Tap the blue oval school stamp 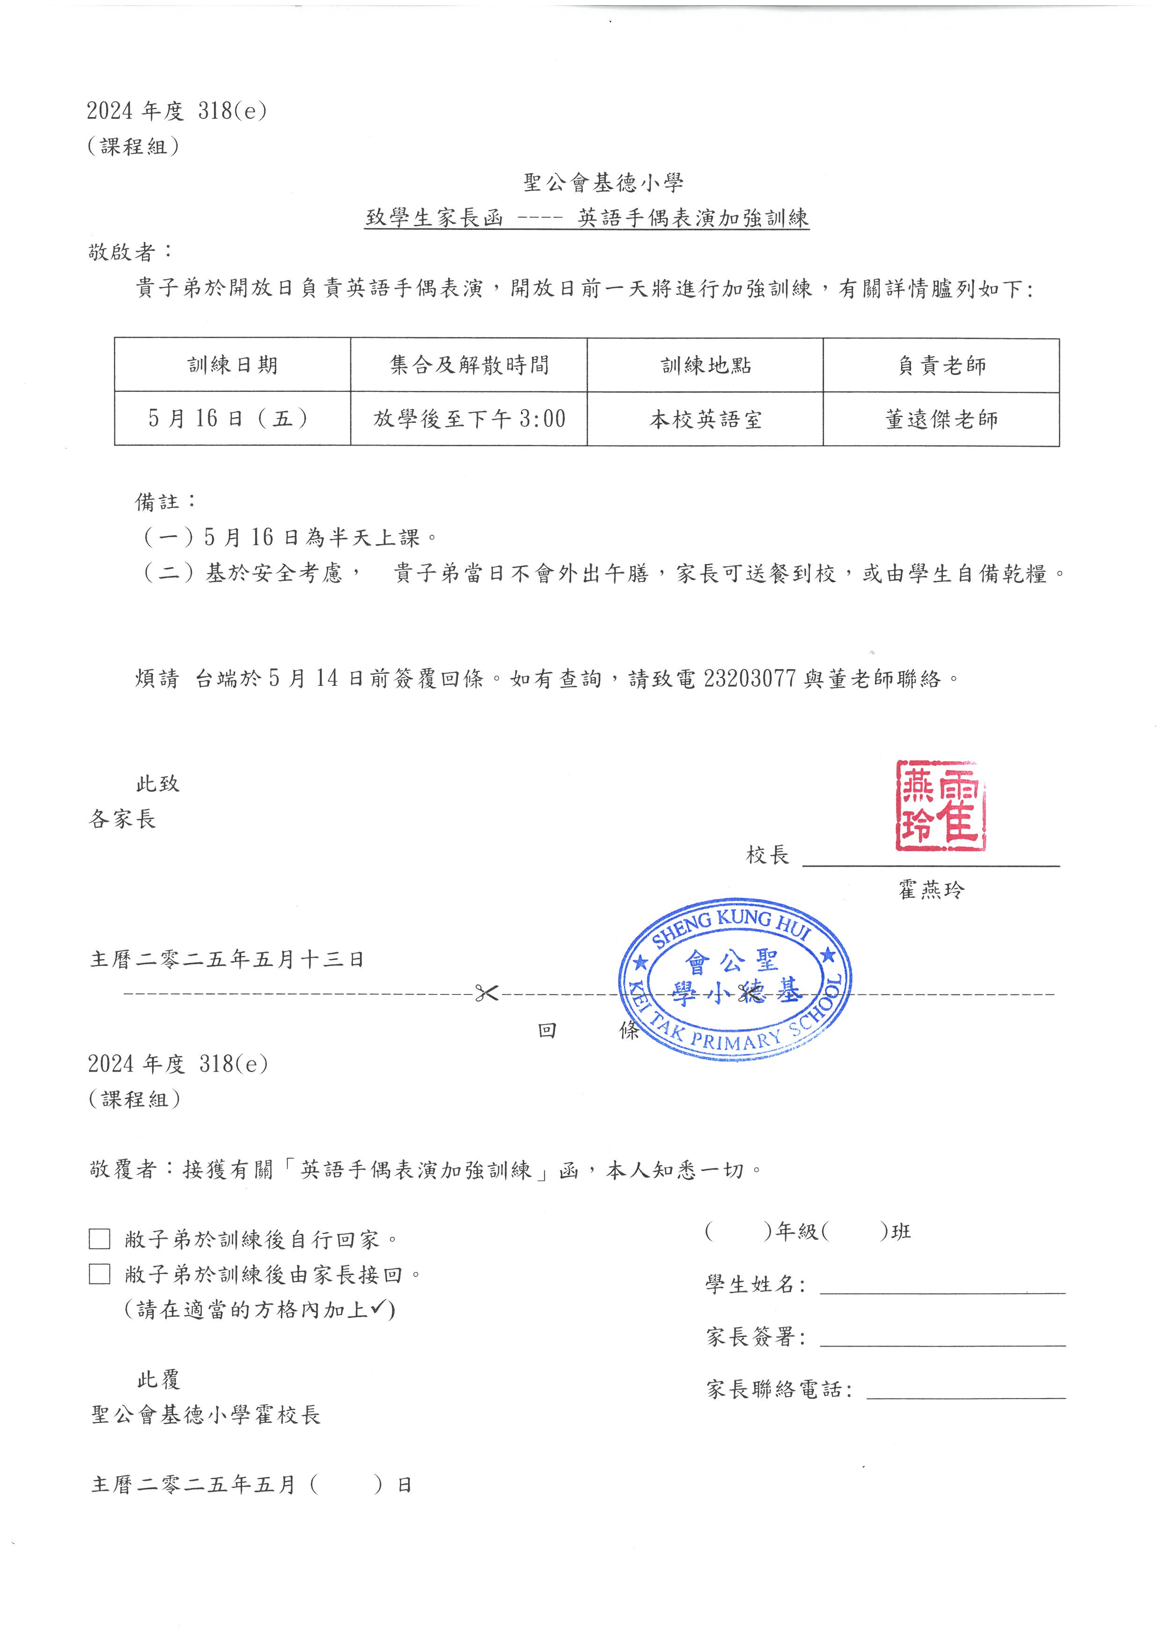click(735, 979)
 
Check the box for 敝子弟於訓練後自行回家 click(99, 1239)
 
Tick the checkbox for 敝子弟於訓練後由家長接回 click(99, 1274)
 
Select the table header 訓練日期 click(232, 366)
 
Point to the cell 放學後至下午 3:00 click(469, 419)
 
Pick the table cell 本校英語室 click(705, 419)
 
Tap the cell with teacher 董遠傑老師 click(941, 419)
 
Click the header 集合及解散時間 click(469, 366)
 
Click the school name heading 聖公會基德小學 click(603, 183)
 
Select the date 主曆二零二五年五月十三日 click(228, 959)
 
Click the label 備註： click(166, 501)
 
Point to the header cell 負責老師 click(941, 366)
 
